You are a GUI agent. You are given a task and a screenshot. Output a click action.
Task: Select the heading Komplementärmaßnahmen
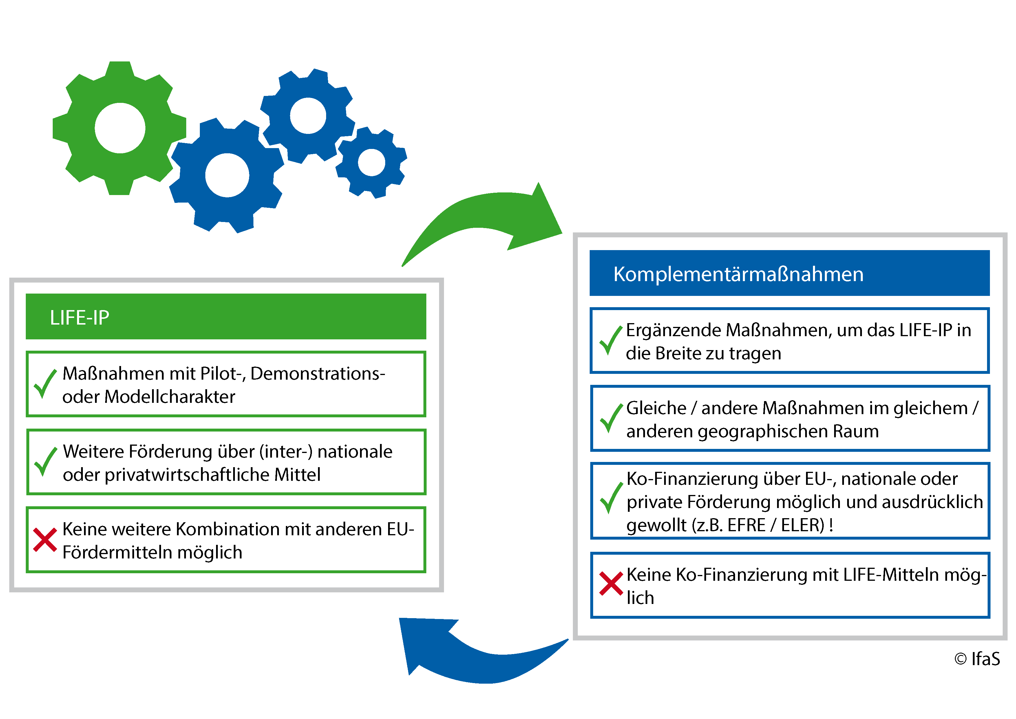738,274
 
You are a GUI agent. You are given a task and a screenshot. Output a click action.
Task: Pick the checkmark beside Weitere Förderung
45,461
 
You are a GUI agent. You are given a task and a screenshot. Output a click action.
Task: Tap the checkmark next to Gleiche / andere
611,418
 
